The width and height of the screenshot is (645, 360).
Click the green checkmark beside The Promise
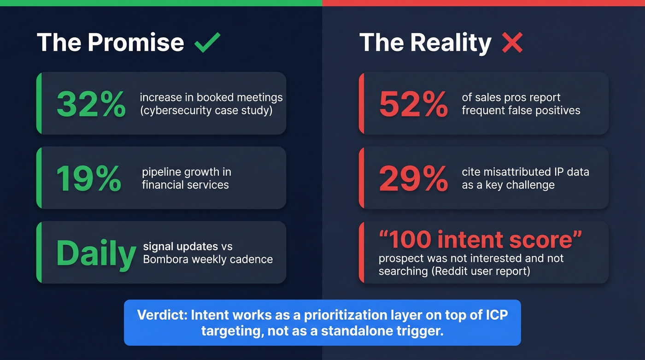click(x=207, y=43)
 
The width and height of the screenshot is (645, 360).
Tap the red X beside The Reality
click(x=512, y=43)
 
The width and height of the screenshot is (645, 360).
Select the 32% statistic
click(x=91, y=104)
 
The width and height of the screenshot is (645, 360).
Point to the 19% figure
click(x=88, y=178)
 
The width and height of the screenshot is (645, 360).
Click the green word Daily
click(x=96, y=253)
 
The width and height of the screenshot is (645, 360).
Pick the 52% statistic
click(x=413, y=104)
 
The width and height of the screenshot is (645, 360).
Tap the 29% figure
click(x=413, y=178)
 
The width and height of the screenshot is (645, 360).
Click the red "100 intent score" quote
click(x=481, y=240)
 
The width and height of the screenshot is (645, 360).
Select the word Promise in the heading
click(x=135, y=42)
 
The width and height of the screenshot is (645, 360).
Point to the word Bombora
click(x=165, y=259)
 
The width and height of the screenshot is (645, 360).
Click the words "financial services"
click(x=185, y=185)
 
